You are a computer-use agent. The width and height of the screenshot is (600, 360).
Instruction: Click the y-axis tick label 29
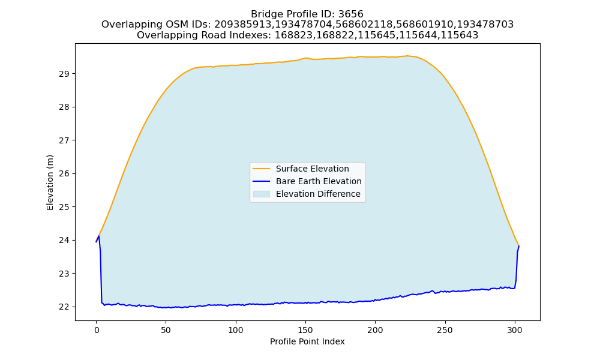tap(64, 74)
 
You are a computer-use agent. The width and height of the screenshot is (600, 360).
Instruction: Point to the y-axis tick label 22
tap(64, 307)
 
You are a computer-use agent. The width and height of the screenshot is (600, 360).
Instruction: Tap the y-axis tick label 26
tap(64, 173)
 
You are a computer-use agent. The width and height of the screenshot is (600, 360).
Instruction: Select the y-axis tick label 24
tap(64, 240)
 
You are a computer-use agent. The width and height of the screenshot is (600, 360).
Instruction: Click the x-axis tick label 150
tap(305, 331)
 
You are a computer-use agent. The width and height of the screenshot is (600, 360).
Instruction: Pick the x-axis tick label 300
tap(515, 331)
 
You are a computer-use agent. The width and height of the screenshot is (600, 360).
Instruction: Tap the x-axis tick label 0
tap(97, 331)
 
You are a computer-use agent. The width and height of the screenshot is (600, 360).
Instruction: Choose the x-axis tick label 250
tap(445, 331)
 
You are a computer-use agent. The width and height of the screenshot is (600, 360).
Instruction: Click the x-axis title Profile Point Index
tap(307, 341)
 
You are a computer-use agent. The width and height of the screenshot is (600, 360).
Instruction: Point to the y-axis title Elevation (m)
tap(50, 182)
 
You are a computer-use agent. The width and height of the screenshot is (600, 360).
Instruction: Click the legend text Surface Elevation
tap(312, 169)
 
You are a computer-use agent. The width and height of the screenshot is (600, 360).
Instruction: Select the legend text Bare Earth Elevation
tap(319, 181)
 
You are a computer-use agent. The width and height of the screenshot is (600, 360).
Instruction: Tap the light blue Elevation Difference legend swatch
tap(262, 194)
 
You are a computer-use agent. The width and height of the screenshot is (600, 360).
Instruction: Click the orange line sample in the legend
tap(262, 169)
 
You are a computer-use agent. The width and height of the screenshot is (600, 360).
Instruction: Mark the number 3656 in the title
tap(351, 14)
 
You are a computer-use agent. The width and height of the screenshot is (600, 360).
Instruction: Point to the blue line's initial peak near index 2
tap(99, 236)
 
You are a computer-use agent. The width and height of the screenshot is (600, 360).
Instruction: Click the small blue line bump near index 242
tap(433, 291)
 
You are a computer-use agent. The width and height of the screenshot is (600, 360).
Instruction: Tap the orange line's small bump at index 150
tap(305, 58)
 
